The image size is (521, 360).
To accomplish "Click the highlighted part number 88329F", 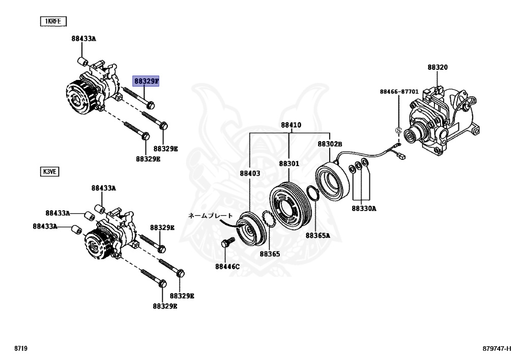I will [147, 81].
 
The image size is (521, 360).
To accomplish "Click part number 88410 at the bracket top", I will [291, 125].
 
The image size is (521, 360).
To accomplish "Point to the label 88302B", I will [330, 144].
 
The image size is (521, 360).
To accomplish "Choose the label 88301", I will [289, 164].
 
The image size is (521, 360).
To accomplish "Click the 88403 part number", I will [250, 173].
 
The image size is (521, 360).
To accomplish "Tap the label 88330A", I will [363, 208].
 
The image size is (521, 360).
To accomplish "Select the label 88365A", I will [317, 235].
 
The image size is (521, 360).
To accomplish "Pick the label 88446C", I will [227, 266].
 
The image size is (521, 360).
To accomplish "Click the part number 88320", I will [438, 67].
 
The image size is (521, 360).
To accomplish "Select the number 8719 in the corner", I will [21, 349].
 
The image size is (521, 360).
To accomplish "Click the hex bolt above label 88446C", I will [225, 245].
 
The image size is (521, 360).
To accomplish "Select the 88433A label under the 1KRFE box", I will [83, 38].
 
